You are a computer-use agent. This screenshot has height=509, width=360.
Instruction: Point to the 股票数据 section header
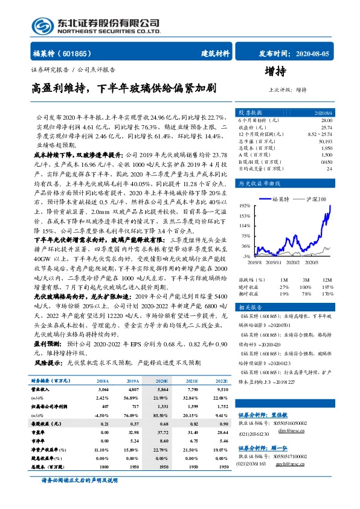249,113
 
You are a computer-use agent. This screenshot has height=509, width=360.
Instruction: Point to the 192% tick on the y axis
245,205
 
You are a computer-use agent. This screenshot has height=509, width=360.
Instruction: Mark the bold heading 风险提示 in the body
49,363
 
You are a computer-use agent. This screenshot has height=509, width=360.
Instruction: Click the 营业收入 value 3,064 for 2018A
103,391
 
